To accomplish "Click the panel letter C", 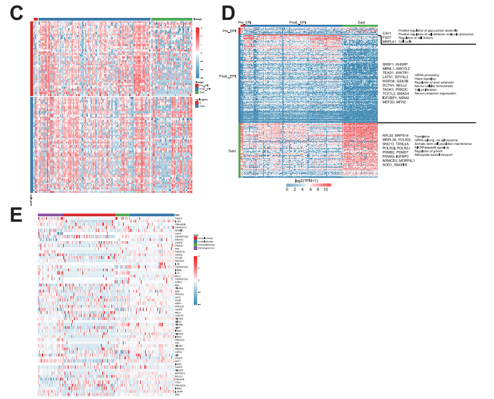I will [x=16, y=12].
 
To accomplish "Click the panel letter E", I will [x=15, y=213].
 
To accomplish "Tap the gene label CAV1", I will [x=387, y=32].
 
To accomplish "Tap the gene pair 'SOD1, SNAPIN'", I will [x=395, y=165].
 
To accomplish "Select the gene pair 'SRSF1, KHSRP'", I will [x=396, y=65].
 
